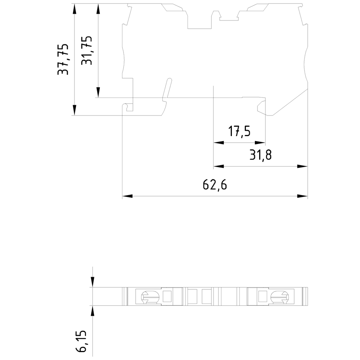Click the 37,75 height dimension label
pos(63,59)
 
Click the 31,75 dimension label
pos(87,50)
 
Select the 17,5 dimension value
pos(239,132)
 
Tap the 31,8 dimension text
pos(260,155)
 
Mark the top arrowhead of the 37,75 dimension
pos(75,8)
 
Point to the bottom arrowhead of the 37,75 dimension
pos(75,110)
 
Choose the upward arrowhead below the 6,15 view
pos(93,310)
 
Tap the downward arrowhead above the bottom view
pos(93,283)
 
